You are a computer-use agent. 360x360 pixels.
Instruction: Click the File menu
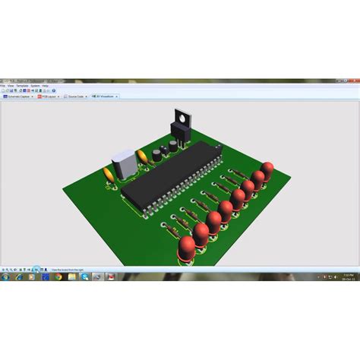point(4,87)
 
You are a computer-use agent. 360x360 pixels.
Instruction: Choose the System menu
point(36,87)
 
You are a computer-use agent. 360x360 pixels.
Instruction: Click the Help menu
point(46,87)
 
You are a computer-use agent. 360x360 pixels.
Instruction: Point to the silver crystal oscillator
point(122,166)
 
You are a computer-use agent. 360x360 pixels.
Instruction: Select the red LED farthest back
point(267,169)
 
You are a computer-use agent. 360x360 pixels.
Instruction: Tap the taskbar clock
point(347,277)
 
